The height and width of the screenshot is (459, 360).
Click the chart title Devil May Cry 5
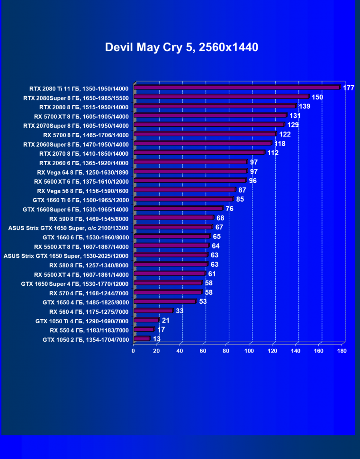(181, 47)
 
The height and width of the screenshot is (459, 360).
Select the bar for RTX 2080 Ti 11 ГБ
(237, 88)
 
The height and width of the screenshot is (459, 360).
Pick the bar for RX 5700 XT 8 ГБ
(210, 115)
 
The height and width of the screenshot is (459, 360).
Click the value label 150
(317, 97)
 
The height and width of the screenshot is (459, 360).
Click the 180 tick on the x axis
(342, 351)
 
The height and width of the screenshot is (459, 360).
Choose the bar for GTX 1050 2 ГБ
(142, 339)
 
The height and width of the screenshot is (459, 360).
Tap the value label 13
(156, 339)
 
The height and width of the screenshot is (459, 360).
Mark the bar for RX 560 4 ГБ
(153, 311)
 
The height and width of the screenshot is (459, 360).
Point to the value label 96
(252, 180)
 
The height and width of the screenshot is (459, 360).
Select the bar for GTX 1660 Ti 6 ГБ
(183, 199)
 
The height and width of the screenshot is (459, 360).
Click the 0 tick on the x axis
(134, 351)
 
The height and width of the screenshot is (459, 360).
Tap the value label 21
(165, 320)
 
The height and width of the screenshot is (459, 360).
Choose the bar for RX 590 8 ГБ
(173, 218)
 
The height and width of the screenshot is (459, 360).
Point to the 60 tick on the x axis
(203, 351)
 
